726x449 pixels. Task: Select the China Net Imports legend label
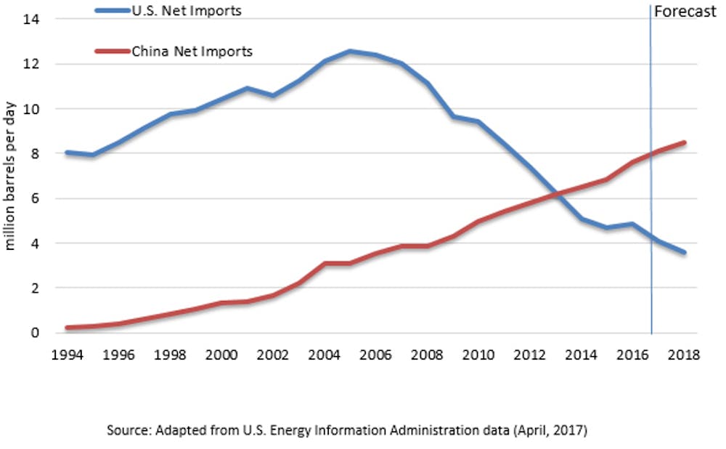pos(192,52)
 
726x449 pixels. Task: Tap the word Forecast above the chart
pos(685,12)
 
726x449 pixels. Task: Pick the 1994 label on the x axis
pos(66,355)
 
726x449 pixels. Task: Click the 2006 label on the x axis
pos(375,355)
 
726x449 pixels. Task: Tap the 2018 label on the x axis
pos(684,355)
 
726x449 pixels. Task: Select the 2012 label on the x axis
pos(529,355)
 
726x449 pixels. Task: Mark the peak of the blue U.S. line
pos(349,51)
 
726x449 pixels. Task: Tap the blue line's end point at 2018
pos(684,253)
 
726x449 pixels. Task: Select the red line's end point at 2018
pos(684,142)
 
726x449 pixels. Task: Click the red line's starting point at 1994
pos(67,328)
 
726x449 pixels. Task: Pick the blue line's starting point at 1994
pos(67,153)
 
